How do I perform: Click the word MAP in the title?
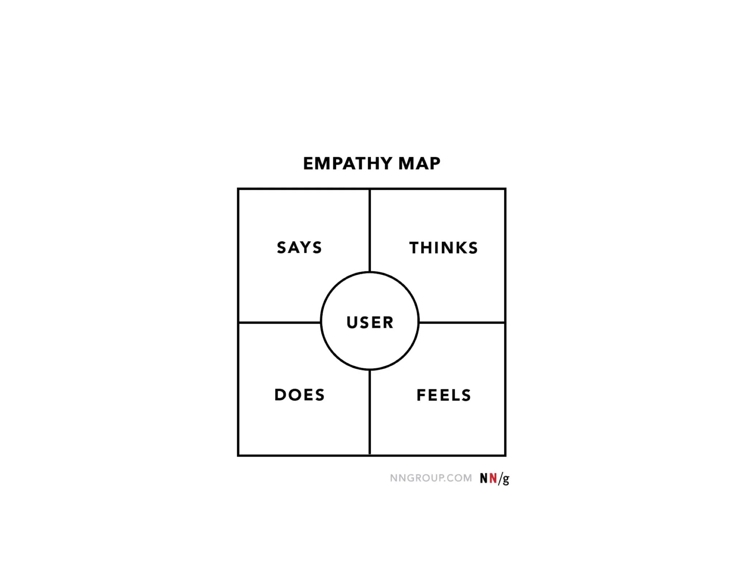(x=419, y=164)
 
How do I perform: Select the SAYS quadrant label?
(x=299, y=248)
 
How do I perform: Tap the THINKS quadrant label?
(x=443, y=248)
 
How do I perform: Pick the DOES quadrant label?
(x=299, y=395)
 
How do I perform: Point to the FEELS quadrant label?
(x=444, y=395)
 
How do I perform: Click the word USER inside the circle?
(x=370, y=323)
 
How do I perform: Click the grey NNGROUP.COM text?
(x=431, y=478)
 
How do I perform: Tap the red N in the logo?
(x=493, y=478)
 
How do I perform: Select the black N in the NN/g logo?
(x=484, y=478)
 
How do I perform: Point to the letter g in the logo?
(x=506, y=479)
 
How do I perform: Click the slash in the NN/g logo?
(x=500, y=478)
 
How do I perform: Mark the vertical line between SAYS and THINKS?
(x=370, y=230)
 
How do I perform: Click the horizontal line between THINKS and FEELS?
(x=462, y=323)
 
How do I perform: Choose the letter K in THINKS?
(x=458, y=248)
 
